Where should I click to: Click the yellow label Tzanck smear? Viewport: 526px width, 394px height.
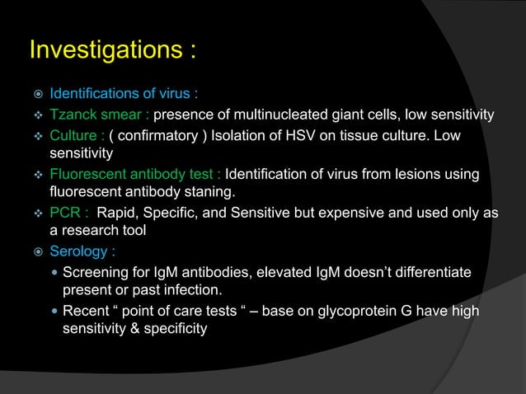tap(96, 114)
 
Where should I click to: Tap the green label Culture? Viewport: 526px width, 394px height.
tap(73, 134)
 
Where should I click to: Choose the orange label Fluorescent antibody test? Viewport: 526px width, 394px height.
tap(134, 175)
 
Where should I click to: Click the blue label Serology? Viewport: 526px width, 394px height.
tap(82, 251)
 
